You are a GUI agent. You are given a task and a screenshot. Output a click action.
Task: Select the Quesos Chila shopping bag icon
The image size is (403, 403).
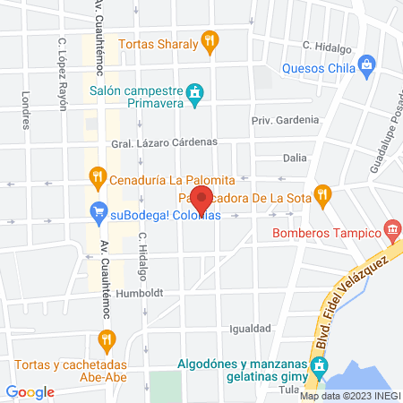tap(366, 64)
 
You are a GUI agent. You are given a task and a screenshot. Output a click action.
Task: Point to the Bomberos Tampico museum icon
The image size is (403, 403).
tap(391, 231)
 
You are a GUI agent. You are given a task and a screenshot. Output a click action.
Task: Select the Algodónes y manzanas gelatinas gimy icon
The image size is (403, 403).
tap(318, 366)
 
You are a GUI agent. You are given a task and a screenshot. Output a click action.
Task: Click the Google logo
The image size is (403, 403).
tap(30, 392)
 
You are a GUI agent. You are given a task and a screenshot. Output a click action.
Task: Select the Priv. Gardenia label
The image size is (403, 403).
tap(285, 119)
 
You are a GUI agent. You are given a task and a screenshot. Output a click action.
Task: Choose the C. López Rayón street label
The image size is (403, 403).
tap(63, 73)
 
